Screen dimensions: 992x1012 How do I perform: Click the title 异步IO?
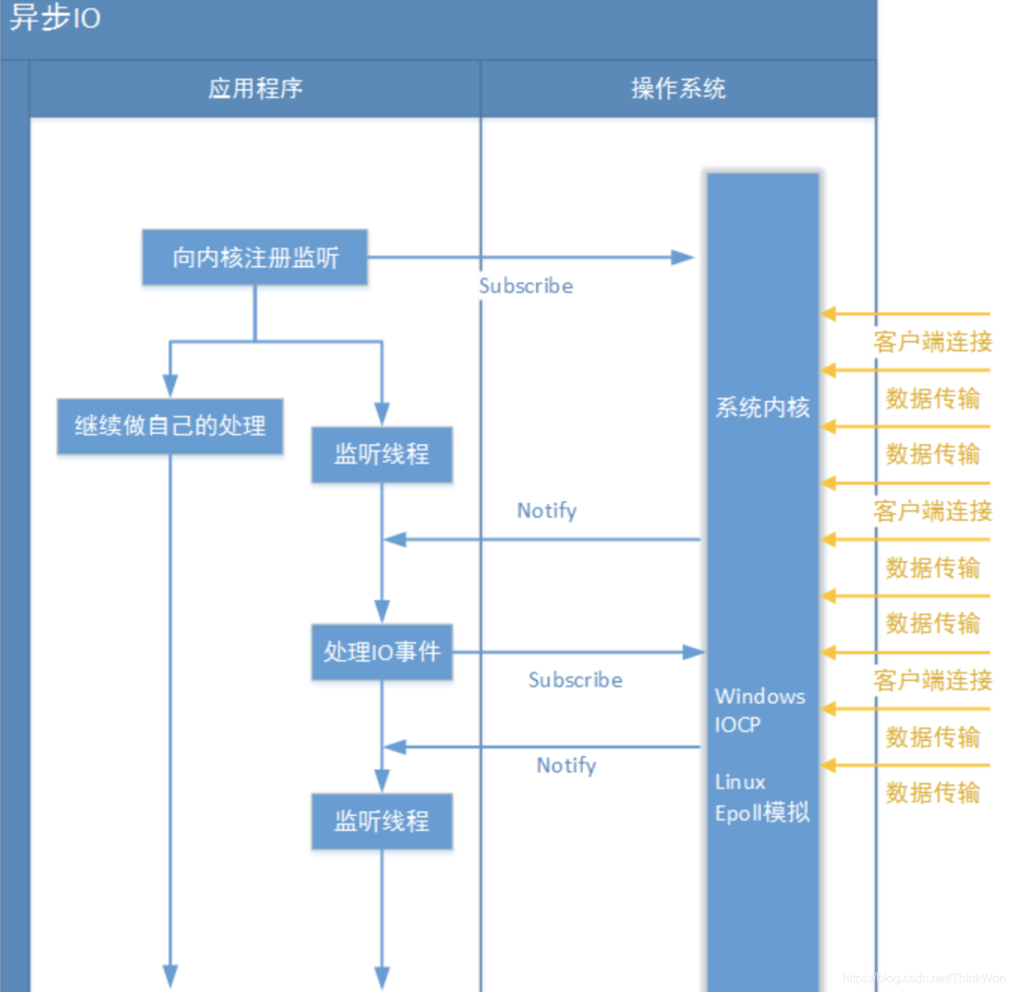click(54, 19)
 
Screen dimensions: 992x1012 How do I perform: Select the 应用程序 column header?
click(255, 89)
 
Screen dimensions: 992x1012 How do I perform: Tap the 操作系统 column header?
click(678, 89)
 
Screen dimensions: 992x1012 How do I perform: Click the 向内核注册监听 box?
click(255, 258)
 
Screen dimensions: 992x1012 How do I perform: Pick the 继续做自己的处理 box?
click(170, 426)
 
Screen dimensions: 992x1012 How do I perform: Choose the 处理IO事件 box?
click(381, 652)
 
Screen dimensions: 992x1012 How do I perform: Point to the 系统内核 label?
click(762, 408)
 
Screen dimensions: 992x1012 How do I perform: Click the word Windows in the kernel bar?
click(760, 696)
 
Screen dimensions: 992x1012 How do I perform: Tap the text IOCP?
click(738, 724)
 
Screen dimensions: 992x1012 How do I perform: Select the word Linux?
click(740, 782)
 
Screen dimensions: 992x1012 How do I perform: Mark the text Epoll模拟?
click(762, 812)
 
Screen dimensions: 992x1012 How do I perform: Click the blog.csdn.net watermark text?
click(923, 978)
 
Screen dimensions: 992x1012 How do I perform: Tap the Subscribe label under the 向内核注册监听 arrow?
click(526, 286)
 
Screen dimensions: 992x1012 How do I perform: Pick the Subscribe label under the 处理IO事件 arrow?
click(575, 680)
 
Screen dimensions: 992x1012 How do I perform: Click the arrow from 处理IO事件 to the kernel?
click(576, 652)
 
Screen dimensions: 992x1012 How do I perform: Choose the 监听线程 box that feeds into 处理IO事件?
click(381, 455)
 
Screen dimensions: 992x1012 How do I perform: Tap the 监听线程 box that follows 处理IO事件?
click(381, 822)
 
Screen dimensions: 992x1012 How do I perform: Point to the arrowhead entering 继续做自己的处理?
click(170, 386)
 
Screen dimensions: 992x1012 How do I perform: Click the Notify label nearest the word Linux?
click(566, 765)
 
